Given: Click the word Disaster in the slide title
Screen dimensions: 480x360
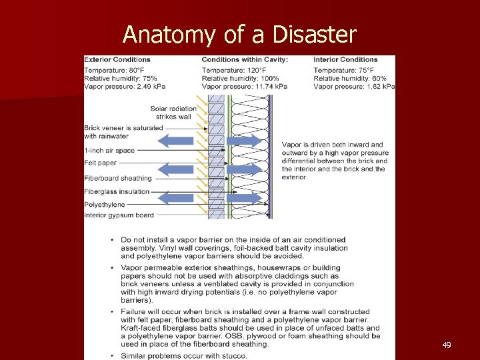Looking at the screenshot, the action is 317,34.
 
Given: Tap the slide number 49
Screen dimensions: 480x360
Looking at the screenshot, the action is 446,345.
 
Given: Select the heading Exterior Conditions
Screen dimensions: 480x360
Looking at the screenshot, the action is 117,60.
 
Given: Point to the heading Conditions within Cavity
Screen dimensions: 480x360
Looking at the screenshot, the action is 245,60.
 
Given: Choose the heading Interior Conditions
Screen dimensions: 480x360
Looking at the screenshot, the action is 345,60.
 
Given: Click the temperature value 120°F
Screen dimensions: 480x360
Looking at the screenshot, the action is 255,69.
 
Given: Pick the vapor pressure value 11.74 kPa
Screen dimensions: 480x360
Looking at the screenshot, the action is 271,87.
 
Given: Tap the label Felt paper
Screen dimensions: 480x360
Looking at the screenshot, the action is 100,163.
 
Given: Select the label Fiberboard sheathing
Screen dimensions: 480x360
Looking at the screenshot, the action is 118,178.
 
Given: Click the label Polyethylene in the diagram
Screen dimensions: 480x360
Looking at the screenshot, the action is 104,205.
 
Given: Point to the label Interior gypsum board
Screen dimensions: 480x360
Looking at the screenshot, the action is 119,215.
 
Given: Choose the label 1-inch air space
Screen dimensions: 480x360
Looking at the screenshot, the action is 109,151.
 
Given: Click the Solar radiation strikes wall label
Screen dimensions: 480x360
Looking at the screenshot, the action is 173,113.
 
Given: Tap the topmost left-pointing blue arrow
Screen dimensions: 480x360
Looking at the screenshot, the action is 176,141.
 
